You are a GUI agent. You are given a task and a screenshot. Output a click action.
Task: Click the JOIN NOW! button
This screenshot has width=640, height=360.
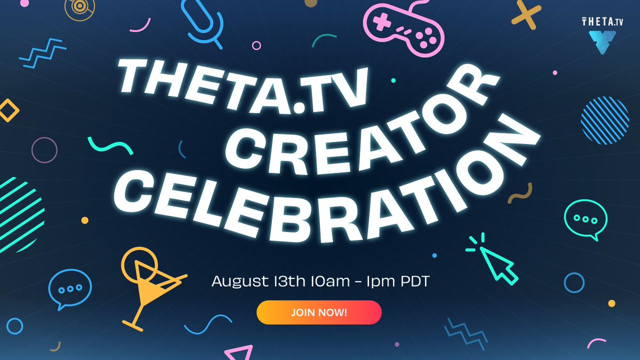[319, 313]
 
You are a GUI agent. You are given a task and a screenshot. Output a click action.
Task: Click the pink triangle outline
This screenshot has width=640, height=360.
[239, 353]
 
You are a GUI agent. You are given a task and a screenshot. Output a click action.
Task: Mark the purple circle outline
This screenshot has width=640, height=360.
[44, 150]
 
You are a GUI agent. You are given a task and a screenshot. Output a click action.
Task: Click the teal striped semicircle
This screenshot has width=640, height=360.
[19, 208]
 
